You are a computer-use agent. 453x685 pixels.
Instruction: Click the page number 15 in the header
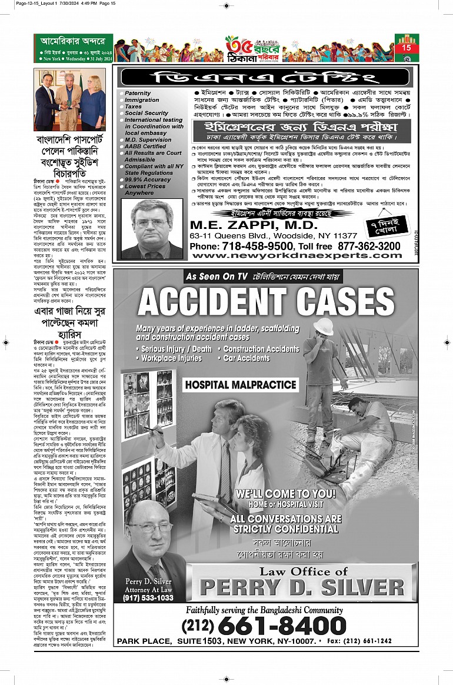(407, 48)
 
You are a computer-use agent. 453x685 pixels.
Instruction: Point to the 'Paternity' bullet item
(138, 93)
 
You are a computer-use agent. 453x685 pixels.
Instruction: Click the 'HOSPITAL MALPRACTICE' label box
(232, 385)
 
